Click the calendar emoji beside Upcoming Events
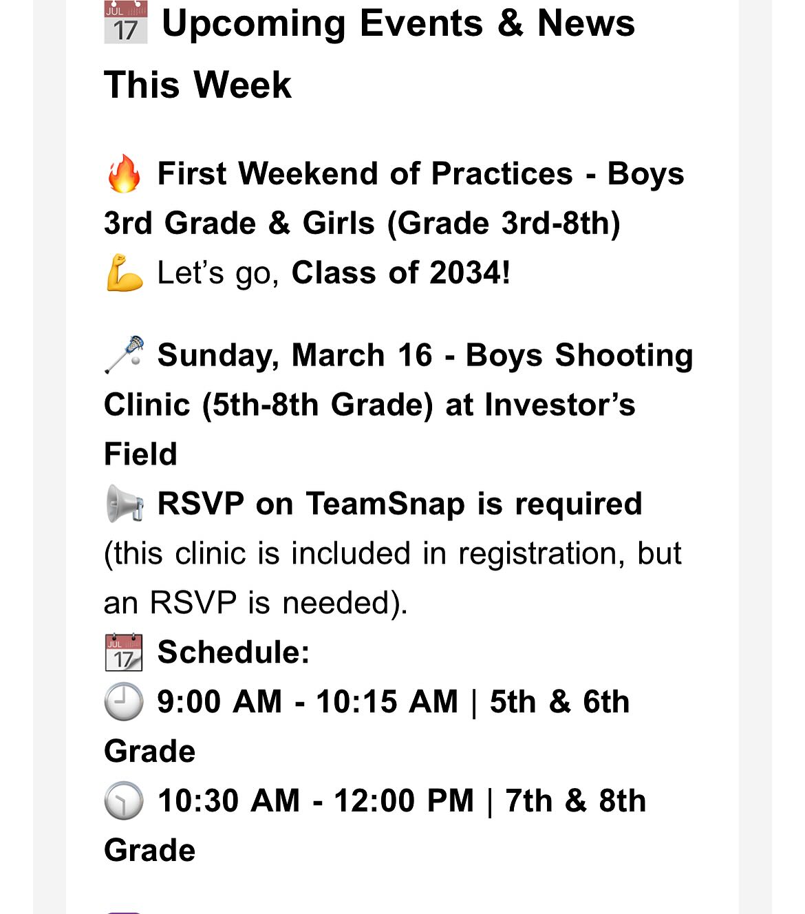coord(125,23)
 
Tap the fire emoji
coord(125,173)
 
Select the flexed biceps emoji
coord(125,273)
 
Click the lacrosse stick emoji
coord(125,355)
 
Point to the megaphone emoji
coord(125,504)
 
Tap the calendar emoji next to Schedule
coord(125,652)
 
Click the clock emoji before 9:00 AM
coord(125,702)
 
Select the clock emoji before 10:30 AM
coord(125,801)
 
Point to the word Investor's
coord(560,405)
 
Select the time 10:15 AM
coord(387,702)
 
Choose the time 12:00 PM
coord(404,801)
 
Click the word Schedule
coord(233,652)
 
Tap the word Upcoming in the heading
coord(253,23)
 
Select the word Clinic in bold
coord(147,405)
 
